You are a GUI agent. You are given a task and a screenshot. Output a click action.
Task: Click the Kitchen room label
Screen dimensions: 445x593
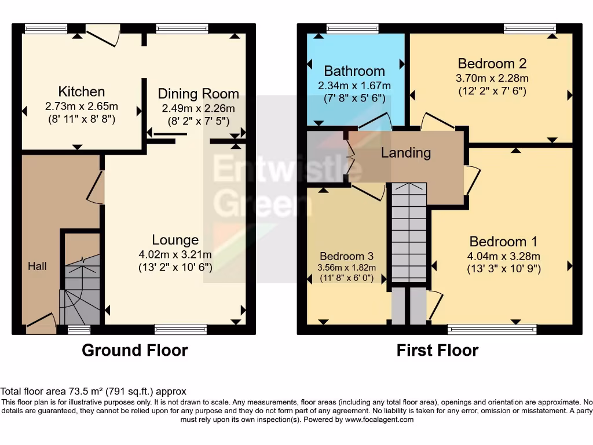point(81,92)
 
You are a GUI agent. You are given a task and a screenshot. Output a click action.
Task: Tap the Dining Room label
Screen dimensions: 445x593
point(198,94)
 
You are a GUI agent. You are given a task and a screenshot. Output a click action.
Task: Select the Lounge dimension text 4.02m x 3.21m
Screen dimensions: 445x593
point(175,254)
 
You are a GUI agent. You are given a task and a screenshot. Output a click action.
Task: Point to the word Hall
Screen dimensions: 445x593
point(37,267)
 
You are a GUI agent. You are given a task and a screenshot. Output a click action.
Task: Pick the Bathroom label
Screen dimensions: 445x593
point(354,71)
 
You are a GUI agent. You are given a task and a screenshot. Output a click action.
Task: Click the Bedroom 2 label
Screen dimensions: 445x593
point(492,63)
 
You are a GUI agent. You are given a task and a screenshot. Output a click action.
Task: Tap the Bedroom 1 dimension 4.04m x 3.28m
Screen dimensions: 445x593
point(503,256)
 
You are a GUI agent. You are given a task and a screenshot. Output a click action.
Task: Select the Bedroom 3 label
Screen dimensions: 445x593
point(347,256)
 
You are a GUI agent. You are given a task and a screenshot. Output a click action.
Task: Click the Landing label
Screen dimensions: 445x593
point(406,153)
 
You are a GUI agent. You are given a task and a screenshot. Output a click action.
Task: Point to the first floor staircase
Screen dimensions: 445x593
point(409,232)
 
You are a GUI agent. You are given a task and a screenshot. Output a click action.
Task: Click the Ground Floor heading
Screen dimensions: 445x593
point(134,351)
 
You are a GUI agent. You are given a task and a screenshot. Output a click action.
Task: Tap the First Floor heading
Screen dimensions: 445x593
point(437,351)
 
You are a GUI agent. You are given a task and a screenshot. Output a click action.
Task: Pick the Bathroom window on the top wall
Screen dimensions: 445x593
point(352,28)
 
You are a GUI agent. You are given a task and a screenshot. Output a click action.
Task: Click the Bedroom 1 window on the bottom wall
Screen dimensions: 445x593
point(492,330)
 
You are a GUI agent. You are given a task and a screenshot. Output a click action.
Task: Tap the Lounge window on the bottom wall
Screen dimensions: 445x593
point(181,330)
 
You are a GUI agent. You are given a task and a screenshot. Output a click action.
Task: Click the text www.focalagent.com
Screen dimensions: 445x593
point(380,420)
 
